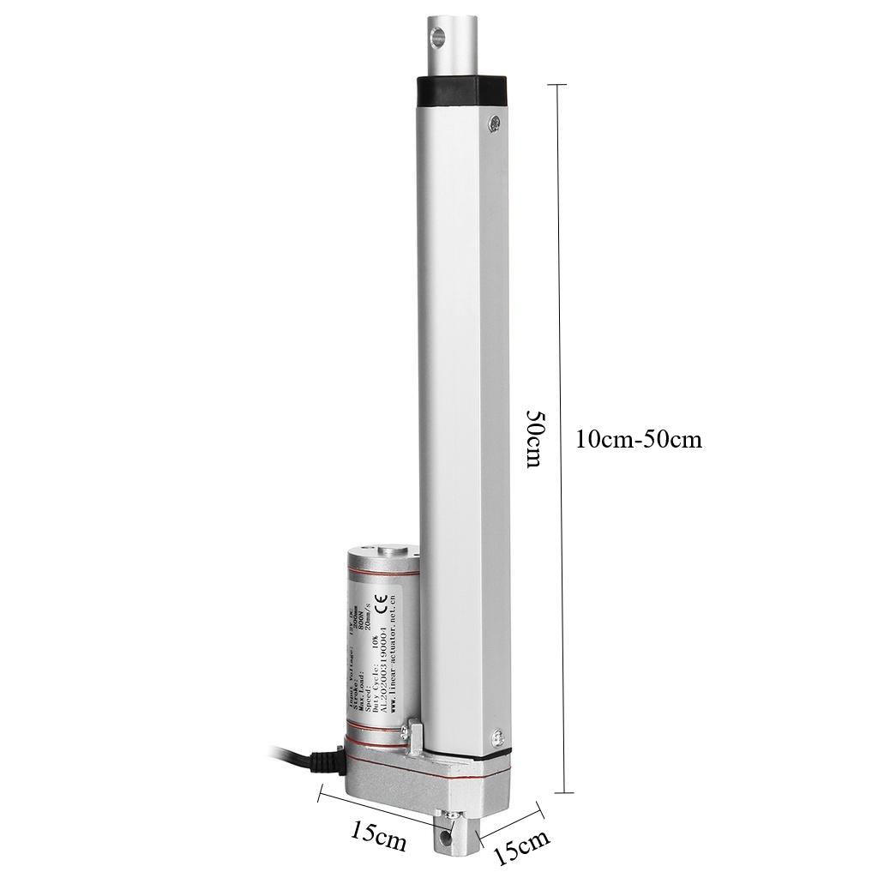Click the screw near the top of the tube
point(494,123)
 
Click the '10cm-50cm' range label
point(639,440)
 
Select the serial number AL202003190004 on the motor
point(381,665)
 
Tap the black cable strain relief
point(325,761)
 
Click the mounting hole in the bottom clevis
point(445,829)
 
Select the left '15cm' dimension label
point(378,835)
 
